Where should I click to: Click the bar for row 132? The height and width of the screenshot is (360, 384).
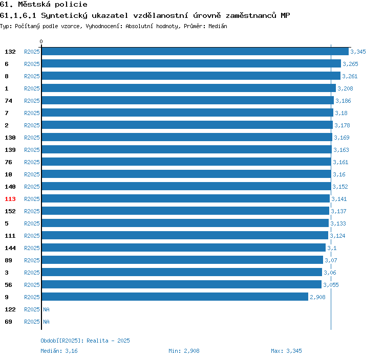[x=195, y=51]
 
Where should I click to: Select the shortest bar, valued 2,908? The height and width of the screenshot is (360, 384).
[x=175, y=297]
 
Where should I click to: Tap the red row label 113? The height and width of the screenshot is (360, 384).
[x=10, y=199]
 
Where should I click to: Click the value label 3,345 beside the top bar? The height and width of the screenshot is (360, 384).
[x=358, y=52]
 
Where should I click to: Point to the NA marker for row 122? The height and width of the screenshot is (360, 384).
[x=46, y=309]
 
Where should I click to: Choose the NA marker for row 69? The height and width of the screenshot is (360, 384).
[x=46, y=322]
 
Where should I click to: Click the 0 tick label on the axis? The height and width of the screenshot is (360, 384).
[x=41, y=41]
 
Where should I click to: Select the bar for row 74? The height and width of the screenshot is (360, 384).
[x=187, y=100]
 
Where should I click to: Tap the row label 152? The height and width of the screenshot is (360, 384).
[x=10, y=211]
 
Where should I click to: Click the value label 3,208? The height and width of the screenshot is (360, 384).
[x=345, y=88]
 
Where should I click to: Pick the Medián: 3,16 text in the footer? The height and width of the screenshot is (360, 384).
[x=59, y=351]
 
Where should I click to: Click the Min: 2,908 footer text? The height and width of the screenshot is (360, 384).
[x=184, y=351]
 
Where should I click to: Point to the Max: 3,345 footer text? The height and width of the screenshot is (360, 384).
[x=286, y=351]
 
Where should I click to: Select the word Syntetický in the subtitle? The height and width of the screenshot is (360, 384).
[x=64, y=16]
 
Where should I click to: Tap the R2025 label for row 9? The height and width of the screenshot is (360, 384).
[x=32, y=297]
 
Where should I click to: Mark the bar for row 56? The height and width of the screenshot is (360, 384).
[x=182, y=284]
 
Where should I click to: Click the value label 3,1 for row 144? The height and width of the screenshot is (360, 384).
[x=332, y=248]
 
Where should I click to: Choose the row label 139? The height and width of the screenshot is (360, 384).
[x=10, y=150]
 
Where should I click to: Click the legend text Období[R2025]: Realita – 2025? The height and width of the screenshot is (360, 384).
[x=85, y=341]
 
